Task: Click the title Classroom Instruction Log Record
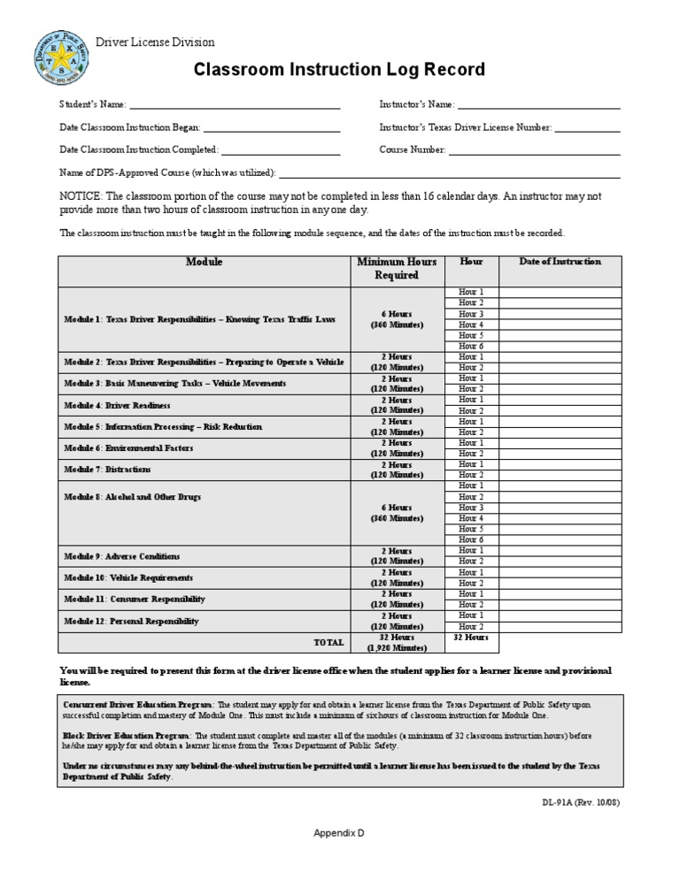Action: coord(339,70)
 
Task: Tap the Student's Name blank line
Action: coord(235,105)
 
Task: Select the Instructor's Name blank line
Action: coord(538,105)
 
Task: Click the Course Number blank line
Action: coord(534,150)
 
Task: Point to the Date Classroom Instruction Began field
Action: coord(272,128)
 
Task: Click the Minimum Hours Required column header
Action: coord(397,268)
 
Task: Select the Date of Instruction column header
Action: coord(560,262)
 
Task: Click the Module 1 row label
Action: coord(199,318)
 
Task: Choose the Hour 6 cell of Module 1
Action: coord(470,346)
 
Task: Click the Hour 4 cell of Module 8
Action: coord(470,518)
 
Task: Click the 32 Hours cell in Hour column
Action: coord(470,637)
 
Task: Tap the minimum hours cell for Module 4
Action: coord(397,405)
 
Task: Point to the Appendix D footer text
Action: coord(339,833)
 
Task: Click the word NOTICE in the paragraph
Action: coord(81,195)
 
